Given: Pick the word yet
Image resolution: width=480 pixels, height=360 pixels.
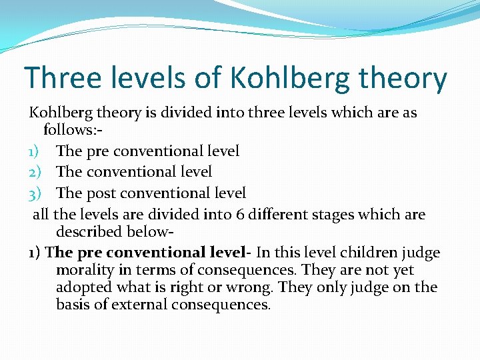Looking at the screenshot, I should [x=403, y=270].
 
